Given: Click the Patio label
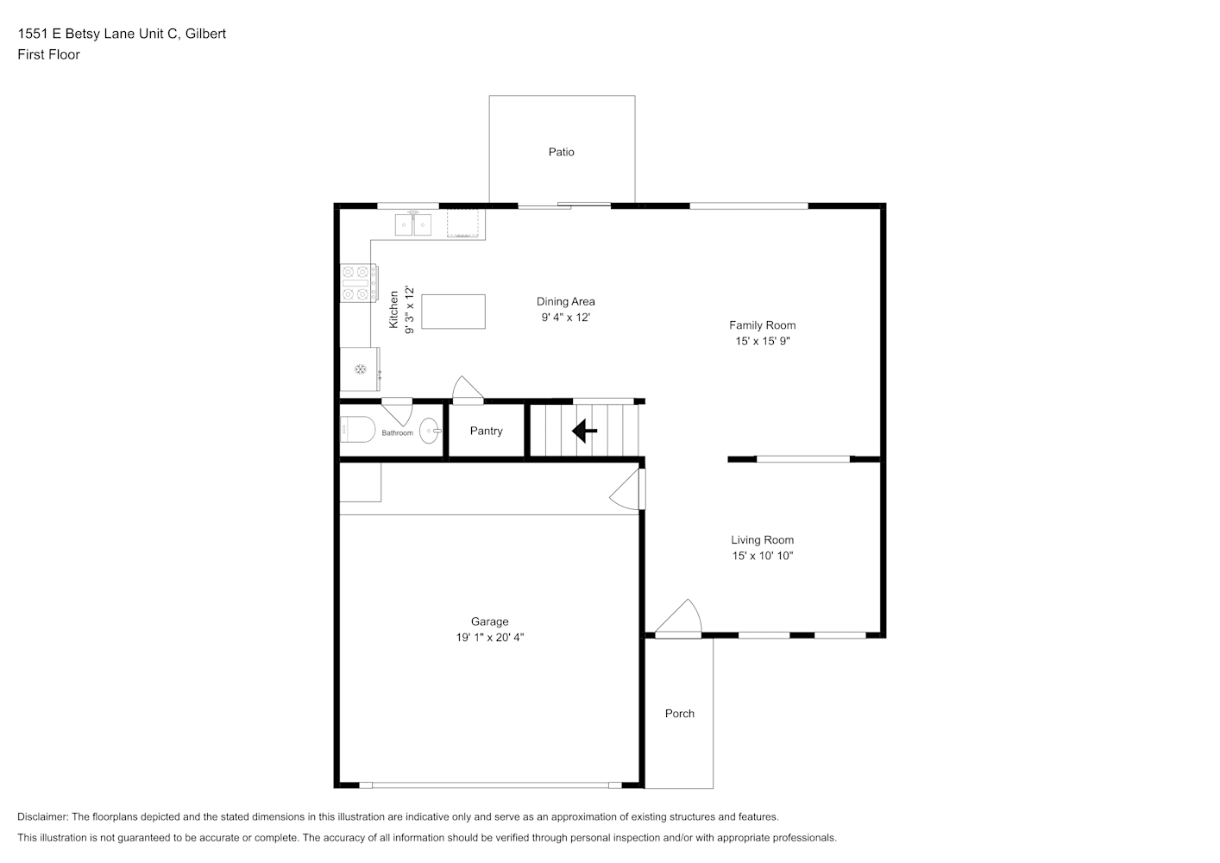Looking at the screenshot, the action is [x=561, y=152].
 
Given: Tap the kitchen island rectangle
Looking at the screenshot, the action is [x=453, y=312].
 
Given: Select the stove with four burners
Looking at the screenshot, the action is [x=359, y=283].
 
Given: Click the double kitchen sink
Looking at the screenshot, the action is [x=412, y=224].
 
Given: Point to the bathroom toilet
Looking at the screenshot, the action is [x=357, y=429].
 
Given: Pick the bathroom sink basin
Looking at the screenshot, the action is [x=430, y=431].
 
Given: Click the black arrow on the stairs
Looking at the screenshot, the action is [x=584, y=431].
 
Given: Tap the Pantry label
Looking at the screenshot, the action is [x=486, y=431].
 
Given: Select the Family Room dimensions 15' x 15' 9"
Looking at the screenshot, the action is [x=763, y=341].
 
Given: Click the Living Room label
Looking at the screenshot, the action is [x=763, y=540].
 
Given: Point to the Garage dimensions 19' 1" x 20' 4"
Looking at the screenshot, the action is [x=489, y=638].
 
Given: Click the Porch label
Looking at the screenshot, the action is [x=680, y=714].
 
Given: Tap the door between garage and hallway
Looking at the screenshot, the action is [x=627, y=489].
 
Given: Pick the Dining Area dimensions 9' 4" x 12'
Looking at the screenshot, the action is [x=566, y=318].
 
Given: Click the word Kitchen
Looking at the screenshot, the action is [x=393, y=310].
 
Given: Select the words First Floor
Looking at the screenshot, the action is [x=48, y=54].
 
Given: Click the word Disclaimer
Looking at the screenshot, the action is [x=43, y=816].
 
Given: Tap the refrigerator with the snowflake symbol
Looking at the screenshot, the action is [x=360, y=369].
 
